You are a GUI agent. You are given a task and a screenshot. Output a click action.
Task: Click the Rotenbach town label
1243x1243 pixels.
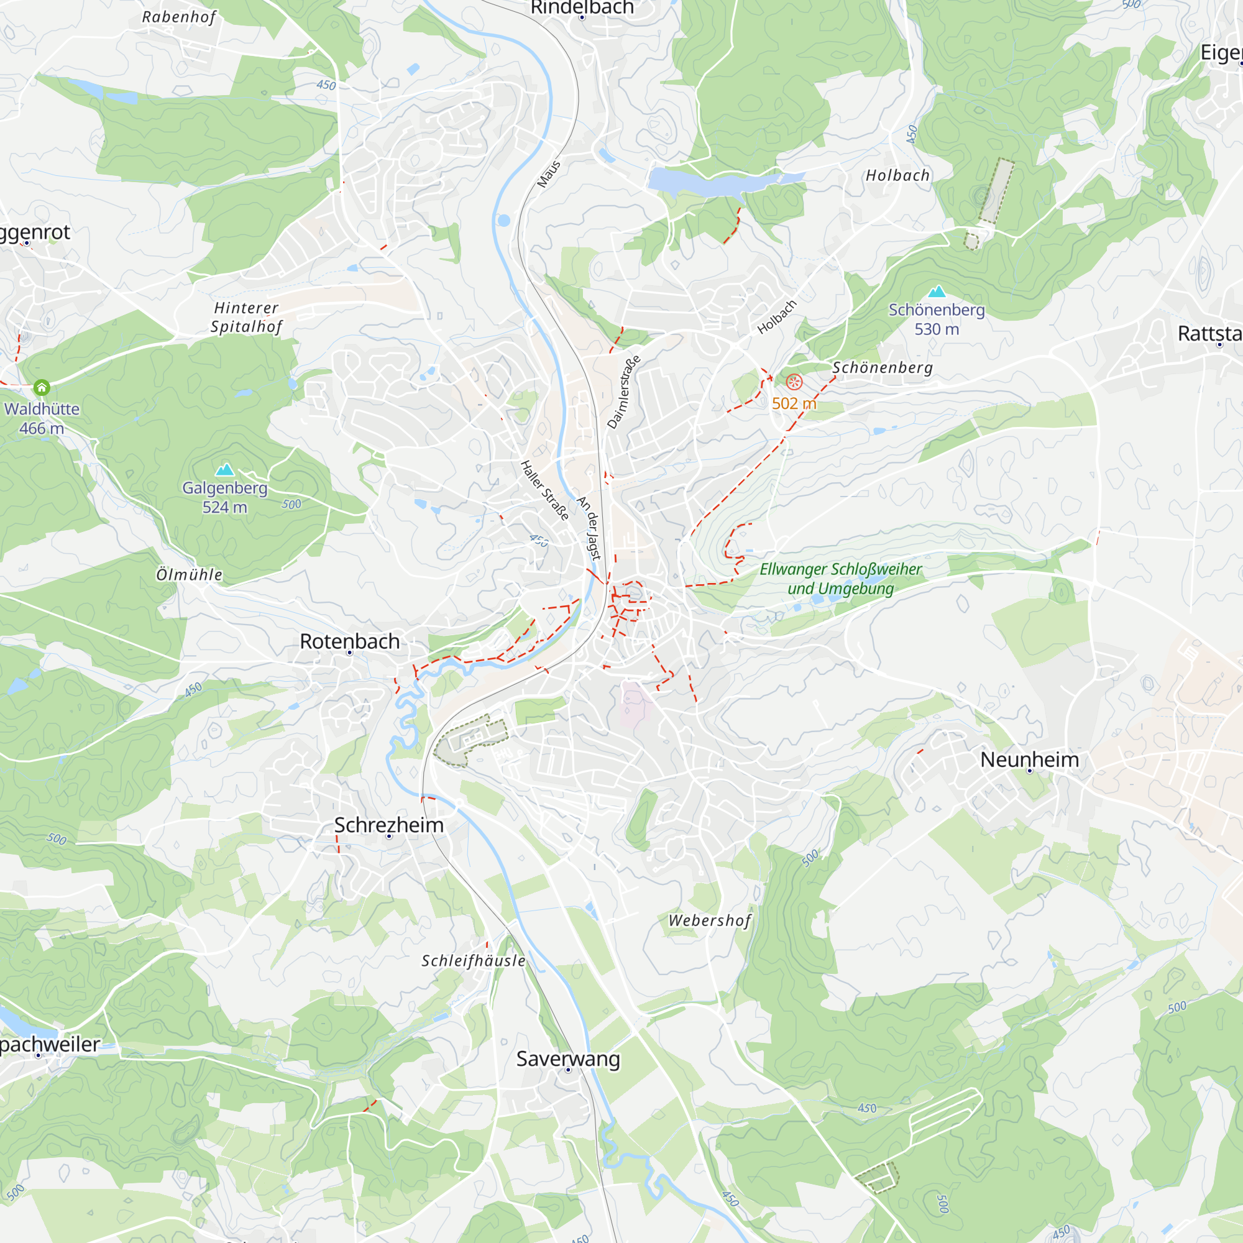pyautogui.click(x=349, y=641)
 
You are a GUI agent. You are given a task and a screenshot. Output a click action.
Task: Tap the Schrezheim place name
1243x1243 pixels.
pyautogui.click(x=388, y=825)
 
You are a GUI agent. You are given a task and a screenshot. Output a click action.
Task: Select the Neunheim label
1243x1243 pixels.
pyautogui.click(x=1029, y=759)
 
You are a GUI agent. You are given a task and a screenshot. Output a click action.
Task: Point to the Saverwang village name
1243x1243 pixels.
pyautogui.click(x=567, y=1058)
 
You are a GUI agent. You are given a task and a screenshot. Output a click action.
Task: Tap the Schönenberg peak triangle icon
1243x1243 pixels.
pyautogui.click(x=937, y=291)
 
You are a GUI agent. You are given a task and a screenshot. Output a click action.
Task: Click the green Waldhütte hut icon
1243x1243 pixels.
pyautogui.click(x=42, y=387)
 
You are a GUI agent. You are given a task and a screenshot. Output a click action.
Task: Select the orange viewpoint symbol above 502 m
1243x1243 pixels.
pyautogui.click(x=794, y=382)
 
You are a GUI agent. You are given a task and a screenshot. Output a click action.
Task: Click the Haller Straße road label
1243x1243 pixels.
pyautogui.click(x=544, y=490)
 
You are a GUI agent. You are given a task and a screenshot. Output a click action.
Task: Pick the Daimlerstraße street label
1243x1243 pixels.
pyautogui.click(x=624, y=392)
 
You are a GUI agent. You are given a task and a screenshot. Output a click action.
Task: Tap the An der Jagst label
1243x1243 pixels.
pyautogui.click(x=589, y=528)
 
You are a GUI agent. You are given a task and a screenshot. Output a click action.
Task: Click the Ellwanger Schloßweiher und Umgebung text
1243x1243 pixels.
pyautogui.click(x=840, y=579)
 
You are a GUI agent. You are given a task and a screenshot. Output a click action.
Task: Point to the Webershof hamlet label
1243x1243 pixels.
pyautogui.click(x=710, y=920)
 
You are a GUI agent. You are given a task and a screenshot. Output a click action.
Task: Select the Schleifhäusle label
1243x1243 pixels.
pyautogui.click(x=474, y=961)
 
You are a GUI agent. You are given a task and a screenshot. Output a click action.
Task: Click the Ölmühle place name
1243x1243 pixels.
pyautogui.click(x=189, y=574)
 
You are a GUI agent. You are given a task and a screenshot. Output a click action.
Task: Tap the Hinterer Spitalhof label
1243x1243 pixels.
pyautogui.click(x=246, y=317)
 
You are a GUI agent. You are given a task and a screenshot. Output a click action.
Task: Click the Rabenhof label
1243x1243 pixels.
pyautogui.click(x=179, y=17)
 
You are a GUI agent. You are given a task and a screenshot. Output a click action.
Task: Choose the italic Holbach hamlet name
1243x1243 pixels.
pyautogui.click(x=897, y=176)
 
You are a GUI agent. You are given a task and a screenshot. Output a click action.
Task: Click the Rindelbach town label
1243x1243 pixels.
pyautogui.click(x=582, y=7)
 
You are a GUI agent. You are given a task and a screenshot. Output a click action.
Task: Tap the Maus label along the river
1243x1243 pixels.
pyautogui.click(x=549, y=175)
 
